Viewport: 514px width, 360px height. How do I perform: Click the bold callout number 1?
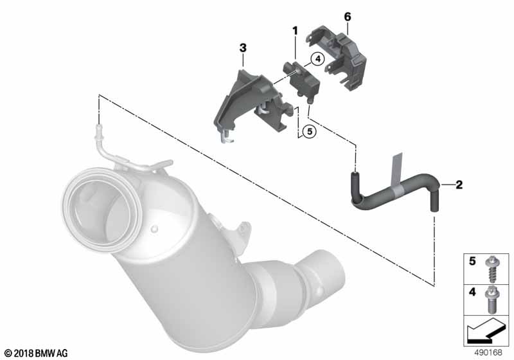pos(296,31)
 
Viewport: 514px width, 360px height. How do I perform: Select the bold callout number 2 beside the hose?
pos(459,184)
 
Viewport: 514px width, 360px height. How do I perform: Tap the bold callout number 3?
pos(243,48)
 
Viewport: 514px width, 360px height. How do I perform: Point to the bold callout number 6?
pos(348,17)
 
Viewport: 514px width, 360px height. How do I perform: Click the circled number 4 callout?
pos(317,59)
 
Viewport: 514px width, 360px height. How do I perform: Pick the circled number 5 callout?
pos(310,132)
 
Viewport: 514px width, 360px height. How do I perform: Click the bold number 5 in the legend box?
pos(472,261)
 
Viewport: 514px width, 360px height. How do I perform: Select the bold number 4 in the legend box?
pos(472,291)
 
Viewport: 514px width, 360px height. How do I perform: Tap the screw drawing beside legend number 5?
pos(492,270)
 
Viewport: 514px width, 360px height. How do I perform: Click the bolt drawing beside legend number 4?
pos(491,300)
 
